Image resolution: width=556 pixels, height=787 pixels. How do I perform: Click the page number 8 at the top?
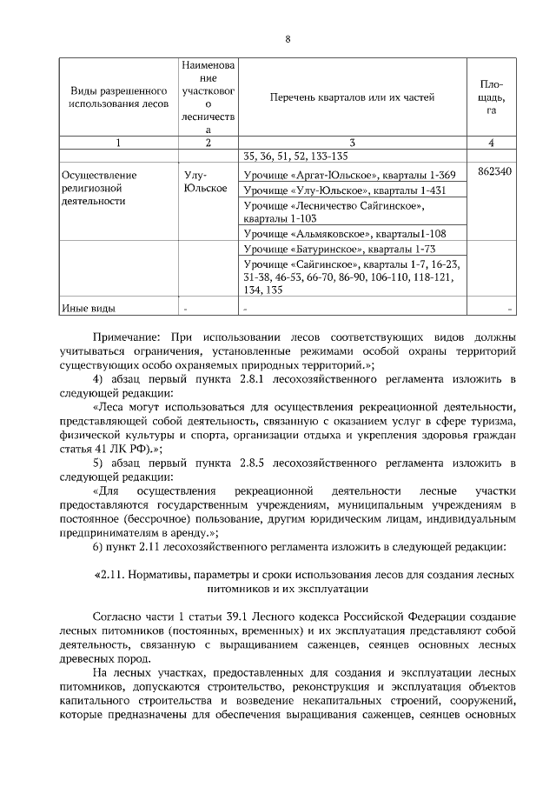coord(288,39)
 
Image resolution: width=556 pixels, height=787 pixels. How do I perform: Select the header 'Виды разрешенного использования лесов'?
coord(118,97)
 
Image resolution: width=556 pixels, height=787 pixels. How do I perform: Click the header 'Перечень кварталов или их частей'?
coord(351,97)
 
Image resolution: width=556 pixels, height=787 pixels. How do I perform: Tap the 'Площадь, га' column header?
coord(491,97)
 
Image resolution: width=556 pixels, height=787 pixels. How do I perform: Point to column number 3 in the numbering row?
coord(351,143)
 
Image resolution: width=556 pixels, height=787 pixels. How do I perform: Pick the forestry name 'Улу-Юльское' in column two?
coord(206,181)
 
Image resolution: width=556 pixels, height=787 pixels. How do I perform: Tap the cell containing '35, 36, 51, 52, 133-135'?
coord(296,157)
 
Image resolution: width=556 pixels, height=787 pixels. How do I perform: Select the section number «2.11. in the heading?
coord(112,575)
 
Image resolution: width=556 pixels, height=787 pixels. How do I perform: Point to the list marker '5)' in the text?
coord(98,463)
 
